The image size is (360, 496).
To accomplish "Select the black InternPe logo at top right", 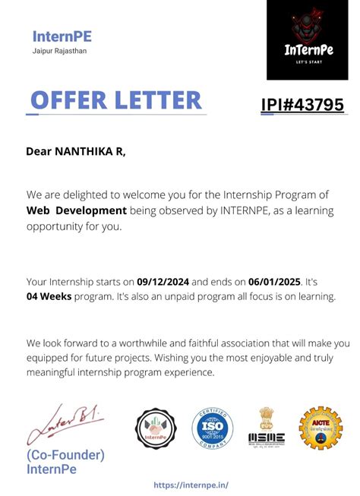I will click(307, 39).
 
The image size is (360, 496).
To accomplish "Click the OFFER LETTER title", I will click(115, 100).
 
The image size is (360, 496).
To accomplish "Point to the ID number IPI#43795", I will click(302, 105).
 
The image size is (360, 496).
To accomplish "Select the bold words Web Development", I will click(76, 210).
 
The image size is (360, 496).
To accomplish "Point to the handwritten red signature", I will click(64, 422).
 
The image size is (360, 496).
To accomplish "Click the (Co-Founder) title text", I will click(65, 455).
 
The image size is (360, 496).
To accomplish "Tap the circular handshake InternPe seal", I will click(155, 428).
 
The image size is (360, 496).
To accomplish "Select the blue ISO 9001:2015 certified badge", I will click(212, 428).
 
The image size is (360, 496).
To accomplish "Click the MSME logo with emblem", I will click(267, 427).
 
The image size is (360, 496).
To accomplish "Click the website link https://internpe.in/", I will click(191, 485).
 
